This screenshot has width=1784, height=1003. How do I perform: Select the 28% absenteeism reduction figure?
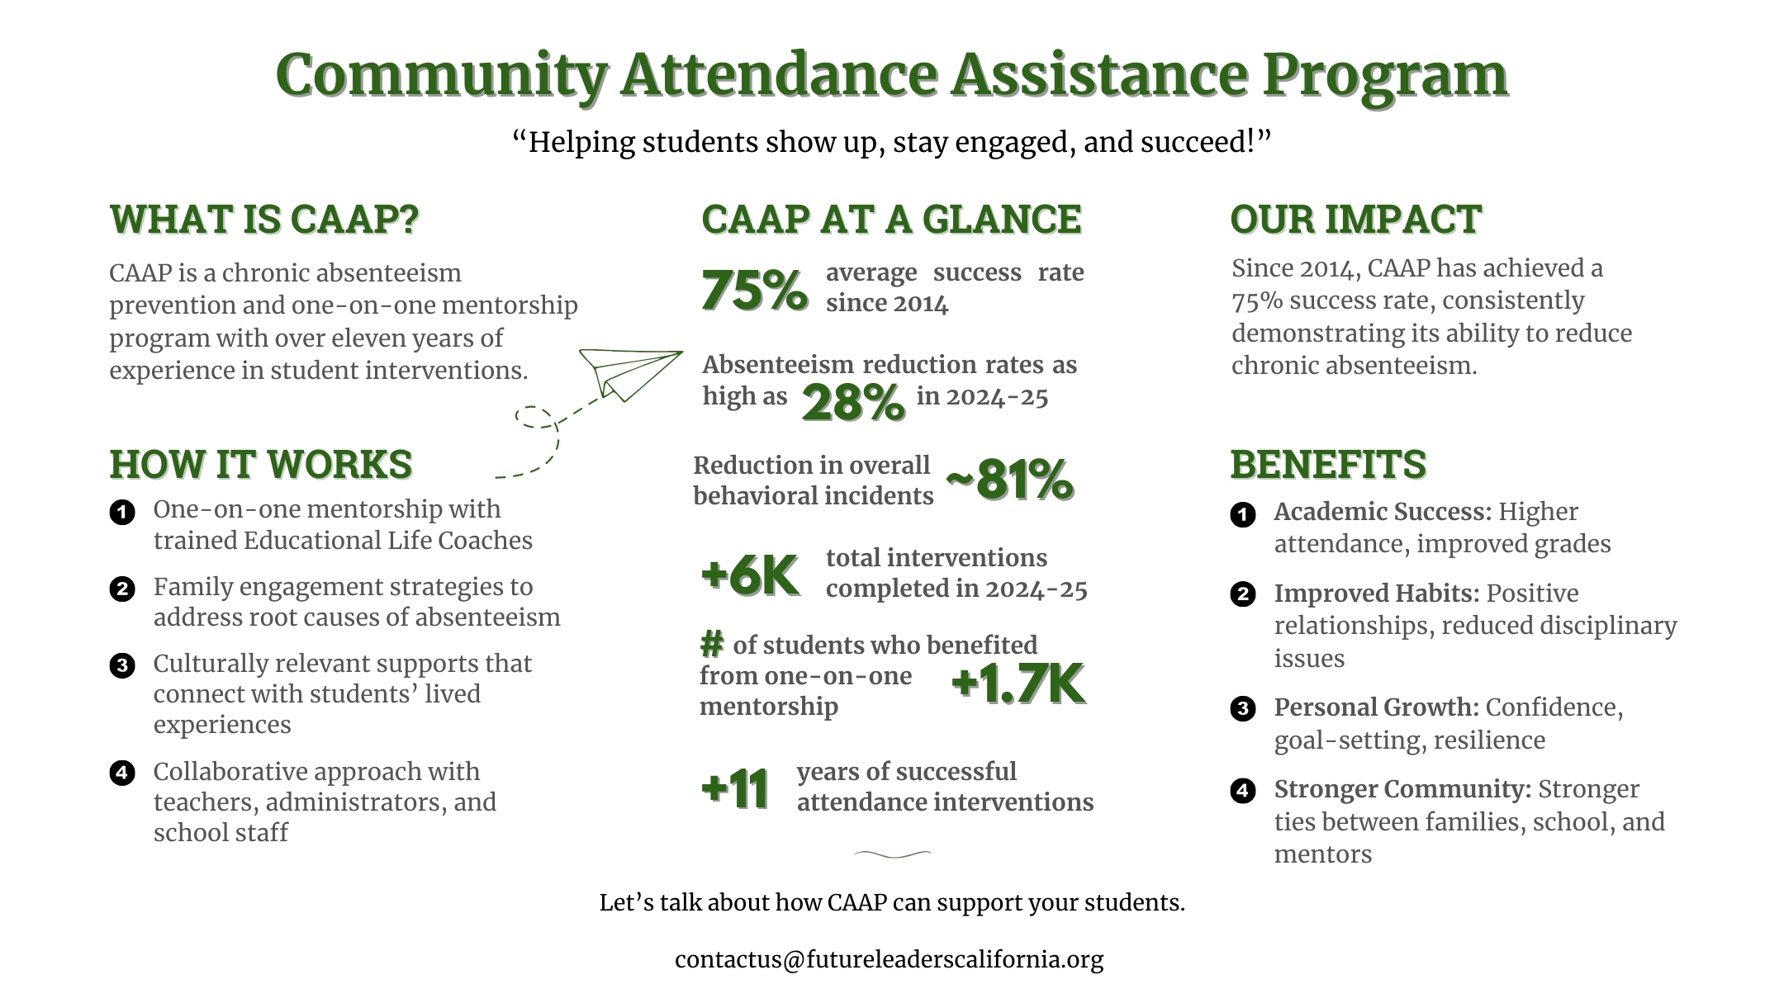(x=853, y=403)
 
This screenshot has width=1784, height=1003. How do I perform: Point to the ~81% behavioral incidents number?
(x=1009, y=480)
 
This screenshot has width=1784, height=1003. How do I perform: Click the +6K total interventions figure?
(x=750, y=575)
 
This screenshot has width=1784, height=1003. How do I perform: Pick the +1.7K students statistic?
(x=1018, y=684)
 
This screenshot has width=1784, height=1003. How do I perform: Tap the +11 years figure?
(x=735, y=788)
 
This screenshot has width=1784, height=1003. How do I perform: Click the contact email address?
(x=889, y=959)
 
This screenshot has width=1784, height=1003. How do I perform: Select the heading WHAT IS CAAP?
(x=264, y=220)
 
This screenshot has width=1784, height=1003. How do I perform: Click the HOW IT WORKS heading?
(x=261, y=464)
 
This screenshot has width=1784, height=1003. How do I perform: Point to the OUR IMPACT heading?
(x=1355, y=220)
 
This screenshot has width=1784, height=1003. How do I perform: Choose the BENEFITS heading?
(x=1328, y=464)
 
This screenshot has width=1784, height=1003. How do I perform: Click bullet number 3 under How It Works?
(x=122, y=665)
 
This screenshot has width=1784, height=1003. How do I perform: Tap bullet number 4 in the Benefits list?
(x=1242, y=791)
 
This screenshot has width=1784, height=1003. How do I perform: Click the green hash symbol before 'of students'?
(x=712, y=643)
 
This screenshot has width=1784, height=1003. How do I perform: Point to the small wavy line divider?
(x=892, y=854)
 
